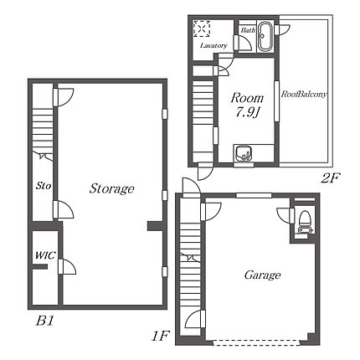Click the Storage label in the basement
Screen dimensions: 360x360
(111, 188)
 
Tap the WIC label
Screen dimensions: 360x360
(45, 255)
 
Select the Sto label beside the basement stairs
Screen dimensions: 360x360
(44, 186)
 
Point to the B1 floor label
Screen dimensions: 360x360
(45, 321)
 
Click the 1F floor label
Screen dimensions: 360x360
(160, 336)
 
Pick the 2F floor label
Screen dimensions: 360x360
(331, 177)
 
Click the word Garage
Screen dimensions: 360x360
(262, 275)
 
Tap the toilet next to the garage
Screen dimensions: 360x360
(304, 222)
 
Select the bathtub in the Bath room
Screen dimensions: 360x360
(265, 37)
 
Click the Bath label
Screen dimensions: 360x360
(248, 30)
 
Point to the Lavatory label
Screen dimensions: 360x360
(213, 45)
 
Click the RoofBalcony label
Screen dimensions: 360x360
(304, 95)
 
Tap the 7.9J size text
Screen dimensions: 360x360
(248, 112)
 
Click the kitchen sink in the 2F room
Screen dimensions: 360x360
(244, 153)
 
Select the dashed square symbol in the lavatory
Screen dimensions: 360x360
(202, 28)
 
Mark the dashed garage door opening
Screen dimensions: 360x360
(256, 343)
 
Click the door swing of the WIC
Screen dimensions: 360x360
(68, 266)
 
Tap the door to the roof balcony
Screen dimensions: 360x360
(282, 29)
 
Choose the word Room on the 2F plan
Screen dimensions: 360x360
(247, 98)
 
